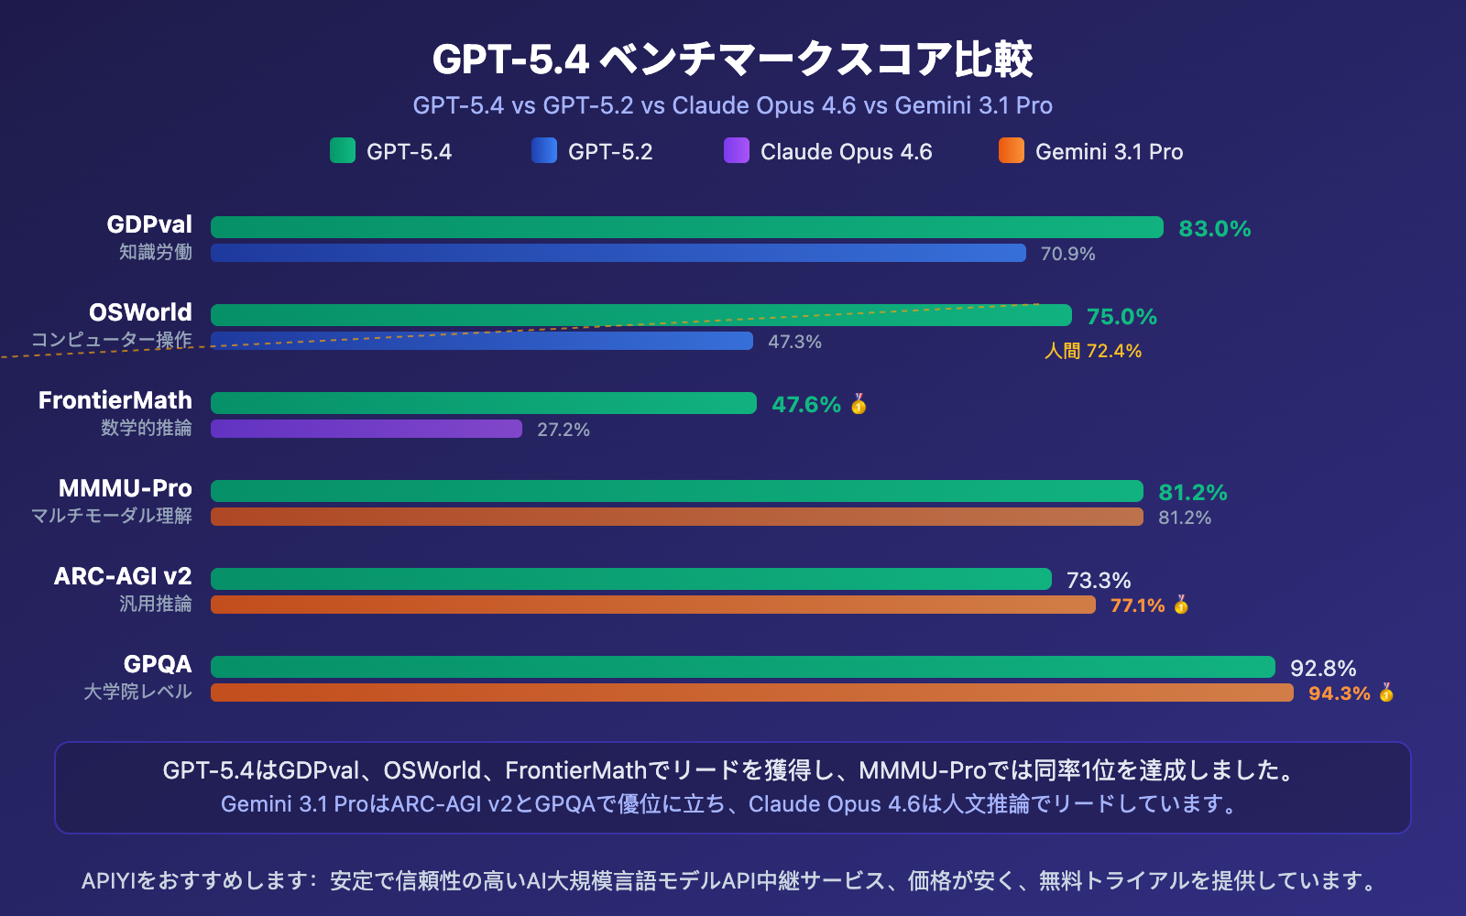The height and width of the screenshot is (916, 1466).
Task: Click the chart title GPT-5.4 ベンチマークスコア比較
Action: [732, 60]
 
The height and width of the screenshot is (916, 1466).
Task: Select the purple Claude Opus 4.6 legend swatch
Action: [737, 150]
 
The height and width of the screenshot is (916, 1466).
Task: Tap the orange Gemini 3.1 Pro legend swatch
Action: [1012, 150]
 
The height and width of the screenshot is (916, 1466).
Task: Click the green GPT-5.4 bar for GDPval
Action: [686, 227]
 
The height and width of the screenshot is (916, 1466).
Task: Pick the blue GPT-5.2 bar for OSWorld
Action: [481, 341]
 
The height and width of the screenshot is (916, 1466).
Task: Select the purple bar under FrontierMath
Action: [366, 429]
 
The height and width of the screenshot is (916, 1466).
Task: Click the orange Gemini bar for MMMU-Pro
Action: [676, 517]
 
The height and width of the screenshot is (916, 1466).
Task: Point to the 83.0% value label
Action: [1214, 228]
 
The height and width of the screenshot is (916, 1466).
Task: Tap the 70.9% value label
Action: [1067, 254]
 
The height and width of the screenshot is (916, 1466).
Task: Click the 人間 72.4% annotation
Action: [1093, 351]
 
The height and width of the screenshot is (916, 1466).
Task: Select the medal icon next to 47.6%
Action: [859, 404]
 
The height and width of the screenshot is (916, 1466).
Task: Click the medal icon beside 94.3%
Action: [1386, 692]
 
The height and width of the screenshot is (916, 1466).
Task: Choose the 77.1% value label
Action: [1137, 605]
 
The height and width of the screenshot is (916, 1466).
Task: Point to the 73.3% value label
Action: [1098, 580]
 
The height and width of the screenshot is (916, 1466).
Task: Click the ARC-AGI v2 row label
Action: [123, 576]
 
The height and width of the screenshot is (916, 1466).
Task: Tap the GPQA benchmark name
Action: [158, 664]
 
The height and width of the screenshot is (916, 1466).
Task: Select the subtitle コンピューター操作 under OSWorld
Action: [111, 340]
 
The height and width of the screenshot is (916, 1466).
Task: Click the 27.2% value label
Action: [563, 430]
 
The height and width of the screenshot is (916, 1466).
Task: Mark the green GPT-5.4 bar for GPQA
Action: [742, 667]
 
